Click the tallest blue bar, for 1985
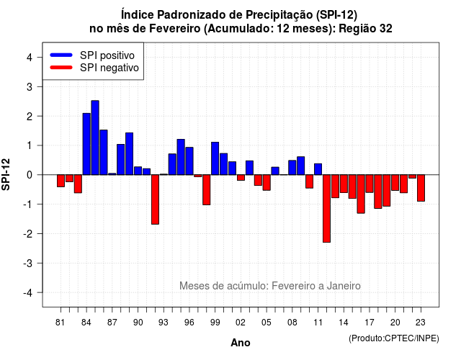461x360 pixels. tap(95, 138)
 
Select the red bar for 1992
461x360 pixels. tap(156, 199)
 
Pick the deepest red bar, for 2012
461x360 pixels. tap(326, 208)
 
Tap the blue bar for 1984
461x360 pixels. tap(86, 144)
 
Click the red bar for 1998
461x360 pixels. tap(207, 190)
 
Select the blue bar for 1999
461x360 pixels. tap(215, 158)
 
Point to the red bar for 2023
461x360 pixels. tap(421, 188)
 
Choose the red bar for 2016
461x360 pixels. tap(361, 194)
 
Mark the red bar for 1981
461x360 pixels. tap(61, 181)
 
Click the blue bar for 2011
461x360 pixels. tap(318, 169)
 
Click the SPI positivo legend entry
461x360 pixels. tap(92, 55)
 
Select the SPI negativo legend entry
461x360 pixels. tap(94, 68)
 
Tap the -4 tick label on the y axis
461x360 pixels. tap(28, 293)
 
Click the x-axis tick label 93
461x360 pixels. tap(164, 323)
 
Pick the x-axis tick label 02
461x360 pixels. tap(241, 323)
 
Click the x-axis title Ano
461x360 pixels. tap(241, 343)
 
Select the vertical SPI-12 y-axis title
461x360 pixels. tap(6, 174)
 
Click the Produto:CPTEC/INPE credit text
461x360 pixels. tap(394, 338)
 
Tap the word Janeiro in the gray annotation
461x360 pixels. tap(344, 286)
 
